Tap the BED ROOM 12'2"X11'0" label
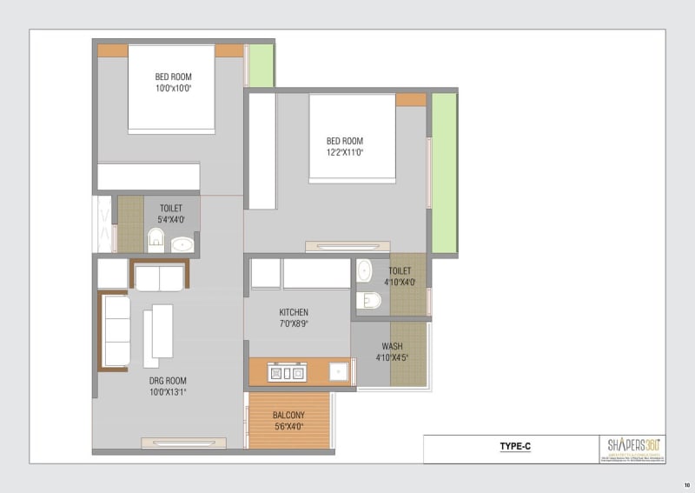point(345,146)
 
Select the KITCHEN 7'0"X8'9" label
point(294,317)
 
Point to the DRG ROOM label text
point(167,380)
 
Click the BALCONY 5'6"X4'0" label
point(288,420)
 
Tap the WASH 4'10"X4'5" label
point(392,351)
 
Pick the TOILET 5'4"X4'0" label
point(171,214)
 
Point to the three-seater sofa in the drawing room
point(116,331)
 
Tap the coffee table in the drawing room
point(162,330)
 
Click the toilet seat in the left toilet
point(156,239)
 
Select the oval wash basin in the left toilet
point(182,244)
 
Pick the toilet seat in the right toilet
point(369,300)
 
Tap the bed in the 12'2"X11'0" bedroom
point(352,137)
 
